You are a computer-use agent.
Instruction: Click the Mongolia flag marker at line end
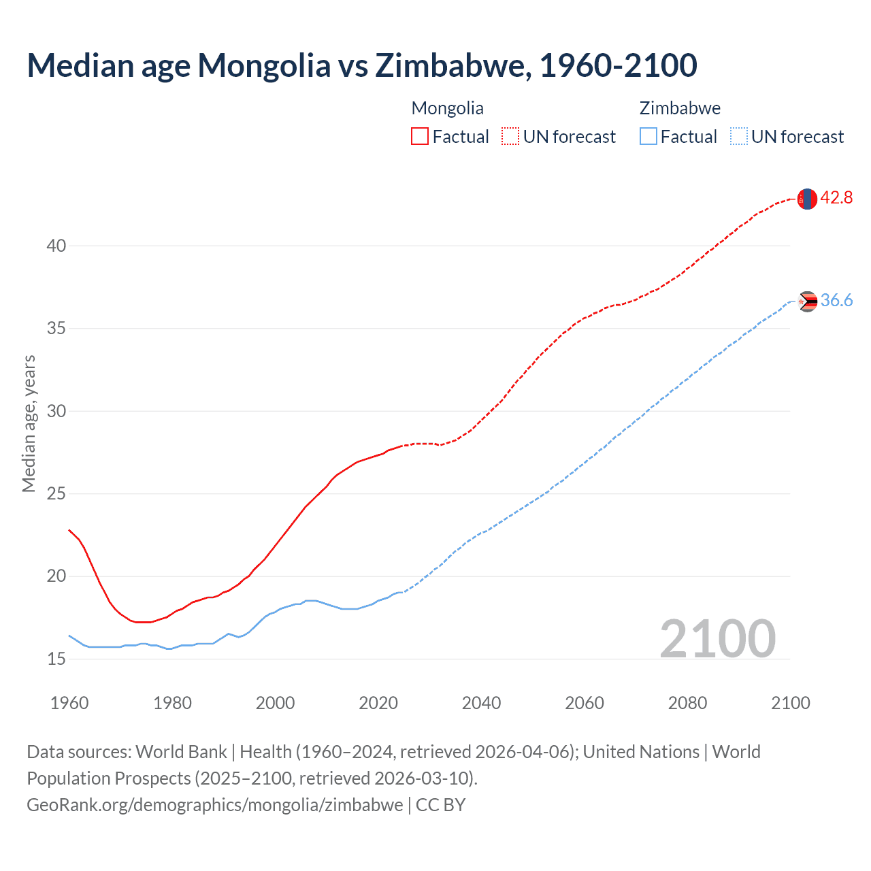click(806, 199)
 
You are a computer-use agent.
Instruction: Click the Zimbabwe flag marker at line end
click(807, 301)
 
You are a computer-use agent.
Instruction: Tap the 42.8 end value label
click(836, 198)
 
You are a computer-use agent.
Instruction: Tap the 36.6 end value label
click(836, 301)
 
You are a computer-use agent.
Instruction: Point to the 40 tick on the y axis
click(56, 246)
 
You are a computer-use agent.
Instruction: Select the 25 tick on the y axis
click(56, 493)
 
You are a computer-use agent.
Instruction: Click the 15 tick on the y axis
click(56, 659)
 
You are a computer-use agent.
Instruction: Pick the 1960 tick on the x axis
click(69, 703)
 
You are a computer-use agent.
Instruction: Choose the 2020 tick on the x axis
click(378, 703)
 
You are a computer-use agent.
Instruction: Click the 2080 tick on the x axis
click(687, 703)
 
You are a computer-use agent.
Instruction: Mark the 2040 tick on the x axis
click(481, 703)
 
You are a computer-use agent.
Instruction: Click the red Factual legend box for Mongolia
click(420, 137)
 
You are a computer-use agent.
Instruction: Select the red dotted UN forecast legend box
click(510, 137)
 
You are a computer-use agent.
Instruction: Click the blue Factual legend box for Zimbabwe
click(648, 137)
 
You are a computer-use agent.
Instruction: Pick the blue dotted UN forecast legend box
click(738, 137)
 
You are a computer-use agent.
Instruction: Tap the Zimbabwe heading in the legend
click(680, 108)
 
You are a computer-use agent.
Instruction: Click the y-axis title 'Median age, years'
click(29, 423)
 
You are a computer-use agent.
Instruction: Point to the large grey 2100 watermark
click(717, 638)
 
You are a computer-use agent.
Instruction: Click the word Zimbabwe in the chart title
click(450, 65)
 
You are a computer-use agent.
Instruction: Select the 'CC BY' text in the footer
click(440, 805)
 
